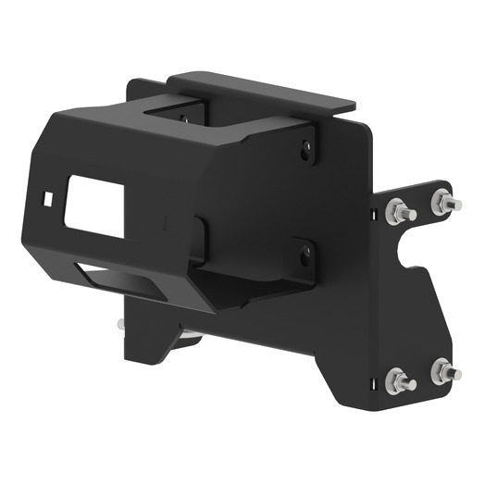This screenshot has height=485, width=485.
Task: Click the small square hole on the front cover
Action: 48,197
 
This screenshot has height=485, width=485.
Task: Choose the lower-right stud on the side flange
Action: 445,372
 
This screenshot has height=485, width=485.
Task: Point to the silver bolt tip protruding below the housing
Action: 120,325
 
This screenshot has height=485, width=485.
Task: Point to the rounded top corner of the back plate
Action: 363,129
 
